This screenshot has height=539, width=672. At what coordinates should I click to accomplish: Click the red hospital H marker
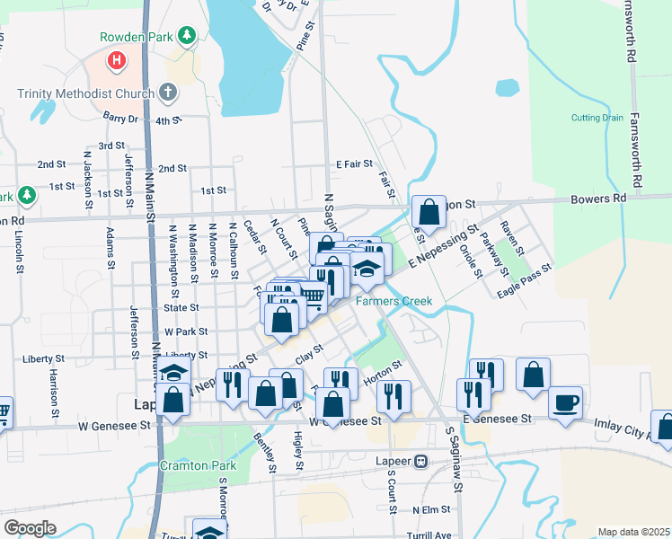[x=115, y=61]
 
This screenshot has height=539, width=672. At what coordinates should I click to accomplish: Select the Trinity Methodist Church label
[x=85, y=93]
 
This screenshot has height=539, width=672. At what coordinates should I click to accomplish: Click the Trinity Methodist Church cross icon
[x=167, y=92]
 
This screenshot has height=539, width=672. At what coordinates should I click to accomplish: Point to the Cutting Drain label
[x=596, y=118]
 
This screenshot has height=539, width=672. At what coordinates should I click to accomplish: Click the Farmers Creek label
[x=393, y=301]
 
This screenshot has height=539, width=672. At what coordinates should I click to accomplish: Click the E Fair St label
[x=354, y=164]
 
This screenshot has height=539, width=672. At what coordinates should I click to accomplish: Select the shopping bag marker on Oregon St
[x=429, y=213]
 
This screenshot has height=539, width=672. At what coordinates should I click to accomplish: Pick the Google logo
[x=30, y=527]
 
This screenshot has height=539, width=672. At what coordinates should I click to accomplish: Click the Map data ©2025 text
[x=633, y=532]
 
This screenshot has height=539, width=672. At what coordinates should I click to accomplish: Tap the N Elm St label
[x=430, y=509]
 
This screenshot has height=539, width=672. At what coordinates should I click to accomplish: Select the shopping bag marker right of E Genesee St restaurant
[x=533, y=375]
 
